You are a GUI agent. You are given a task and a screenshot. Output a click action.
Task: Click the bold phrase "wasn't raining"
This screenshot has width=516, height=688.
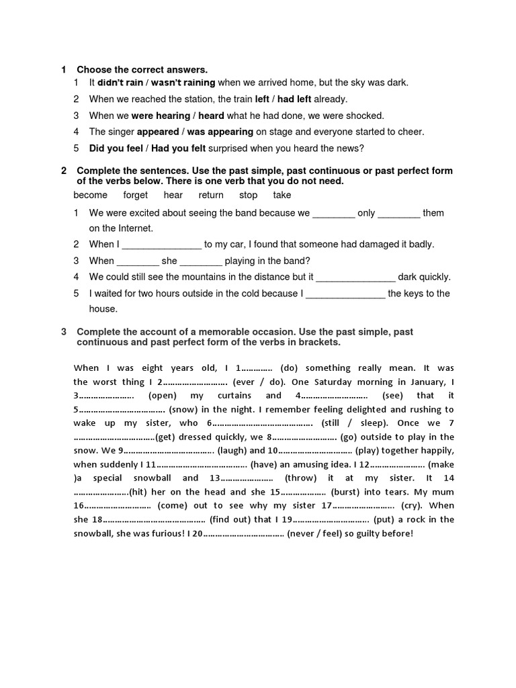(183, 83)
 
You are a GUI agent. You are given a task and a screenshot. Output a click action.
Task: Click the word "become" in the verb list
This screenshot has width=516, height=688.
(91, 196)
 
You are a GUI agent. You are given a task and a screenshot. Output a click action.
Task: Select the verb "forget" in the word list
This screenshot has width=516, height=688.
(136, 196)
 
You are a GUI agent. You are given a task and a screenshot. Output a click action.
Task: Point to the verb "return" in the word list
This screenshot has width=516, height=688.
(211, 196)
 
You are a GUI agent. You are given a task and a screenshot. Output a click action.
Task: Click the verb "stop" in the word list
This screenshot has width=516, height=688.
(248, 196)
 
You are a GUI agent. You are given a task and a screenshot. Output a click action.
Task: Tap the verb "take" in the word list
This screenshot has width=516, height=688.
(282, 196)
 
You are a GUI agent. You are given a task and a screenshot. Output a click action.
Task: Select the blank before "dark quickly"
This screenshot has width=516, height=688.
(355, 277)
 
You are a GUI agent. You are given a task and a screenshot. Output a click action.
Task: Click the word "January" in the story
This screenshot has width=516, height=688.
(426, 382)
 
